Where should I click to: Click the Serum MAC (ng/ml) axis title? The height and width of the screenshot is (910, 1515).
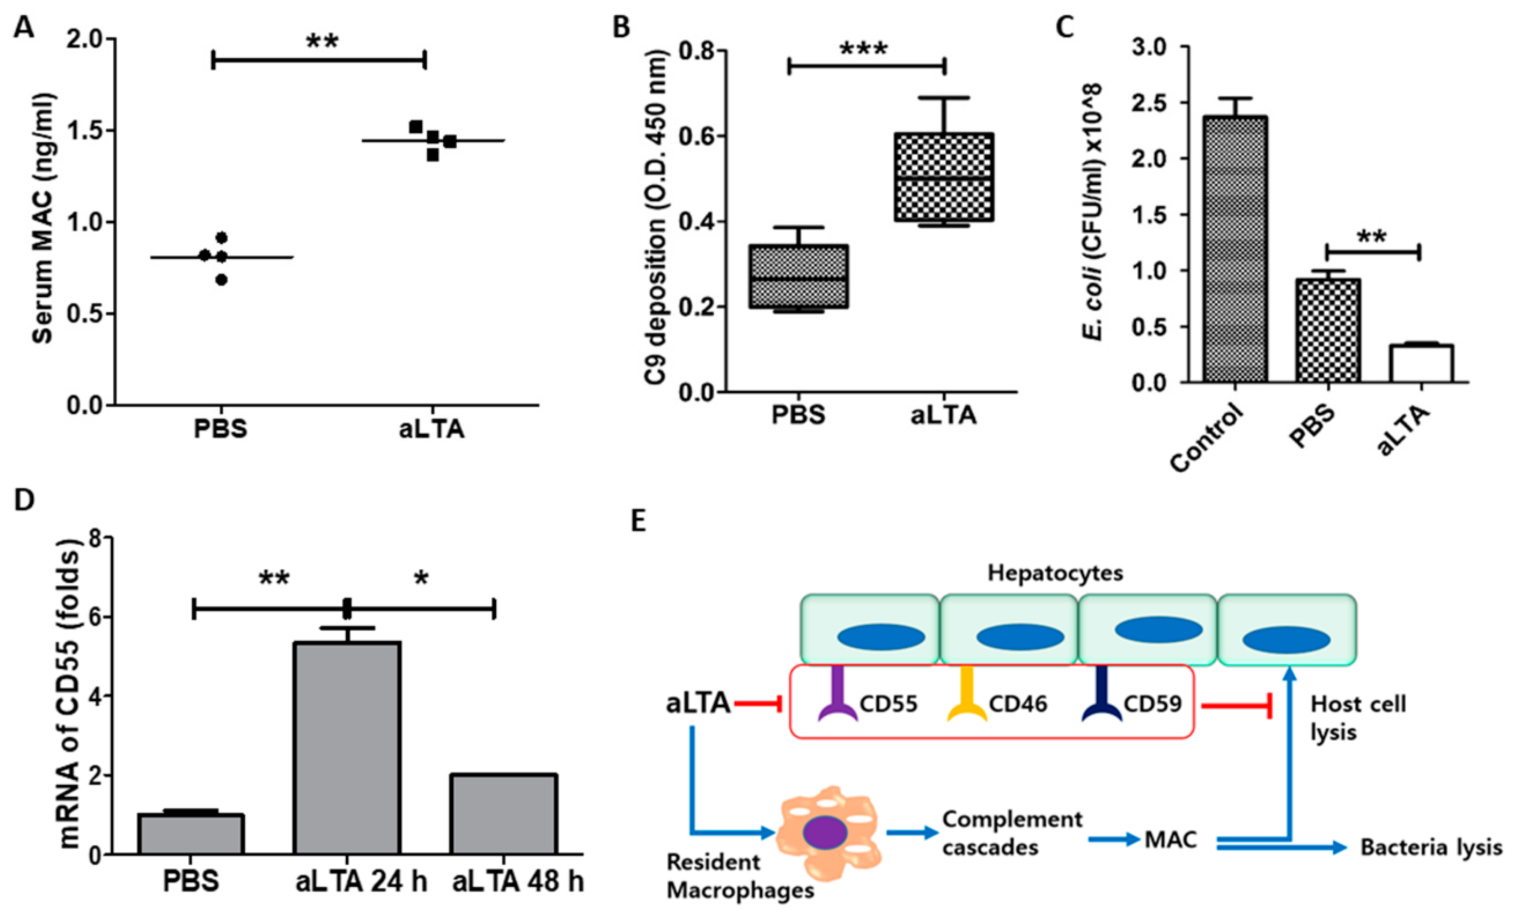43,218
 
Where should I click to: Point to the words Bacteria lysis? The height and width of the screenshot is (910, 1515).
1431,847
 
